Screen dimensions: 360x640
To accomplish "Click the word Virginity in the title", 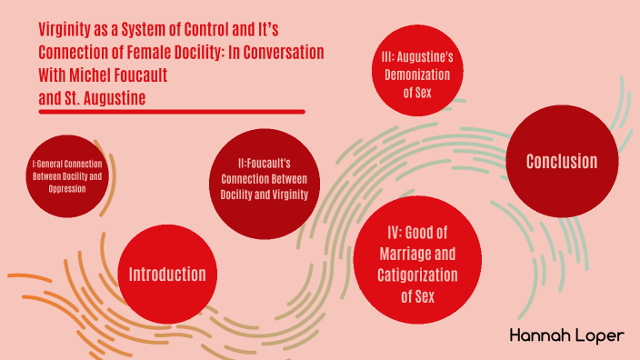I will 65,31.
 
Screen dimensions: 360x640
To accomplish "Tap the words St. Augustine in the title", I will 106,95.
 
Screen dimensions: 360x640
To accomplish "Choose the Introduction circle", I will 167,274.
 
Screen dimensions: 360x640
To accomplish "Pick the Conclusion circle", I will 562,161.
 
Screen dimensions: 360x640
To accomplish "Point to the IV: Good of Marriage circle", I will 418,259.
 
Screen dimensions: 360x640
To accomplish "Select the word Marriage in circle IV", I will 418,254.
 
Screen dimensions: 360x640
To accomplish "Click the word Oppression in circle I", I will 62,188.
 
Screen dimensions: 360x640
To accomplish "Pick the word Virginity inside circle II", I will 289,195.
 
